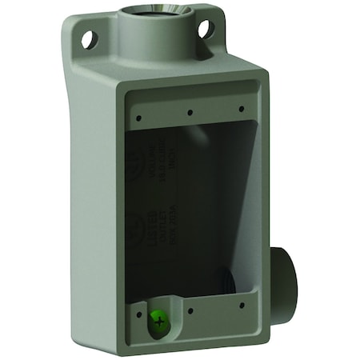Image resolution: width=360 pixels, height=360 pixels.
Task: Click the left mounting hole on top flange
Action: tap(89, 36)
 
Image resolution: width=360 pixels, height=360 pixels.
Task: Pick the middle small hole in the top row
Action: tap(190, 112)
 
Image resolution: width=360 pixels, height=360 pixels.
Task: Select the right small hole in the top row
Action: tap(241, 109)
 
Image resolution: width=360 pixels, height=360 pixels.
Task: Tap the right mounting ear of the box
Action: tap(207, 29)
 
